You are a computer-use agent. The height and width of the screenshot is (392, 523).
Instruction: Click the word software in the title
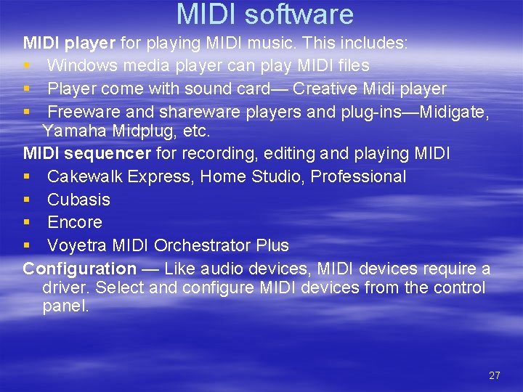coord(304,15)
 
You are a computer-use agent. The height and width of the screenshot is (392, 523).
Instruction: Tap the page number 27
coord(495,375)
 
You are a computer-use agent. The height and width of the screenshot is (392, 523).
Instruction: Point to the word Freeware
coord(84,112)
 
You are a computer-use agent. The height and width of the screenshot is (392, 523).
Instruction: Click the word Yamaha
coord(70,131)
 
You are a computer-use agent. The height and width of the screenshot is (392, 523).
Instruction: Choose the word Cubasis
coord(78,200)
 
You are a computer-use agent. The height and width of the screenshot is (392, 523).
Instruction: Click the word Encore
coord(75,222)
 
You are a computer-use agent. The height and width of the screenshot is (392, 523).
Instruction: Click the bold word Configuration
coord(79,269)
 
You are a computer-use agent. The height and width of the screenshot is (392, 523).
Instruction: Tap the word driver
coord(65,287)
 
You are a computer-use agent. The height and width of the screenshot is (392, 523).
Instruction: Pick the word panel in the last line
coord(64,306)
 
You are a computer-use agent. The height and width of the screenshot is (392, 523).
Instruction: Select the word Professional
coord(358,176)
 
